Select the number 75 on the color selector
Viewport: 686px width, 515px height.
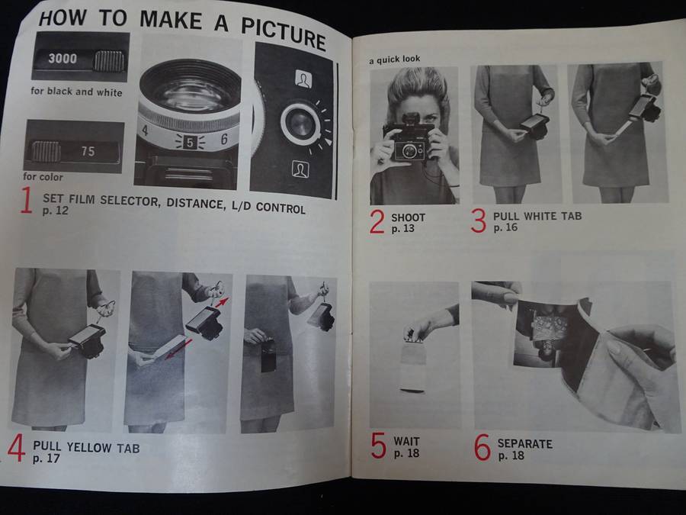tap(88, 151)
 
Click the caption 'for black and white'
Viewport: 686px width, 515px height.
tap(76, 92)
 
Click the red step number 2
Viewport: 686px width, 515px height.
tap(377, 220)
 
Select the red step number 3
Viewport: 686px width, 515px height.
tap(478, 220)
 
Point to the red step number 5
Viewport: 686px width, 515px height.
tap(379, 446)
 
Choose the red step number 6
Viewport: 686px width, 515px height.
tap(482, 448)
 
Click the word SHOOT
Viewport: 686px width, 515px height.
tap(408, 217)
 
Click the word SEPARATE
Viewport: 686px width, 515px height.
tap(524, 444)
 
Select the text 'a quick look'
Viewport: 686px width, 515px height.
tap(395, 59)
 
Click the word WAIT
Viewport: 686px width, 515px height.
tap(406, 442)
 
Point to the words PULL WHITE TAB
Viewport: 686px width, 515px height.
tap(537, 216)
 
